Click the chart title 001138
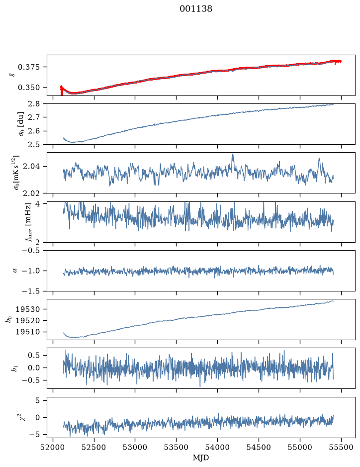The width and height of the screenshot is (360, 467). (x=195, y=9)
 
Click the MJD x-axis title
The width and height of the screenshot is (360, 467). (x=201, y=458)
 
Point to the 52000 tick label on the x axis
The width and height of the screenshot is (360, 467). (x=53, y=447)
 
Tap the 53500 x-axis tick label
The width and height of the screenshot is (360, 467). (x=177, y=447)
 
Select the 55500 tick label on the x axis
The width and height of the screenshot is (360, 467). (x=341, y=447)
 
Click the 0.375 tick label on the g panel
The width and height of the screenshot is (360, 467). (x=28, y=67)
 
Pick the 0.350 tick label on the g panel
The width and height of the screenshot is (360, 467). (x=28, y=88)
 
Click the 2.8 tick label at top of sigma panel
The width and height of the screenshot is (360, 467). (x=34, y=104)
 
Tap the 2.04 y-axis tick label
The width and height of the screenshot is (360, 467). (x=31, y=166)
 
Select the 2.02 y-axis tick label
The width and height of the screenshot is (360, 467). (x=31, y=193)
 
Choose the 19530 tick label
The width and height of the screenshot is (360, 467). (x=27, y=309)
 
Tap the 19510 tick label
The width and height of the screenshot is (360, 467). (x=27, y=332)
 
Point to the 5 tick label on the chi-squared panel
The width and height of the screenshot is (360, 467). (x=37, y=400)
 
